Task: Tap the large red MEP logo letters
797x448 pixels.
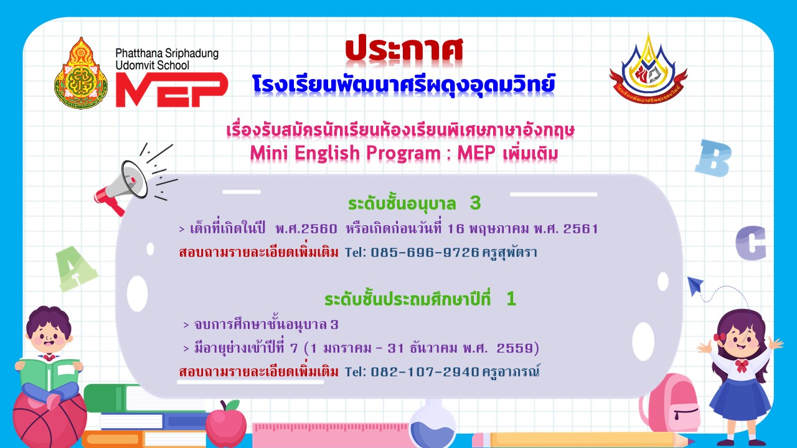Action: [x=172, y=90]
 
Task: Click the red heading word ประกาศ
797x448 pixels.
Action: [x=404, y=49]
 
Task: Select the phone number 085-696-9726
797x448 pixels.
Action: [x=425, y=253]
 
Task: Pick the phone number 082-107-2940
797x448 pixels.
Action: [x=425, y=372]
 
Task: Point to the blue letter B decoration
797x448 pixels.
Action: [x=713, y=158]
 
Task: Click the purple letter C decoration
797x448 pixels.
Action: [x=751, y=243]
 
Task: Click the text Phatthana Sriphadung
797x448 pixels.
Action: [x=167, y=54]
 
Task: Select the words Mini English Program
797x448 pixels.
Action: [x=345, y=153]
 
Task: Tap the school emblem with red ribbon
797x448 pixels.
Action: [x=648, y=69]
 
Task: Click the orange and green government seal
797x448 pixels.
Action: [x=81, y=73]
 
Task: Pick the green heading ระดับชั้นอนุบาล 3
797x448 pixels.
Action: [x=415, y=203]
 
